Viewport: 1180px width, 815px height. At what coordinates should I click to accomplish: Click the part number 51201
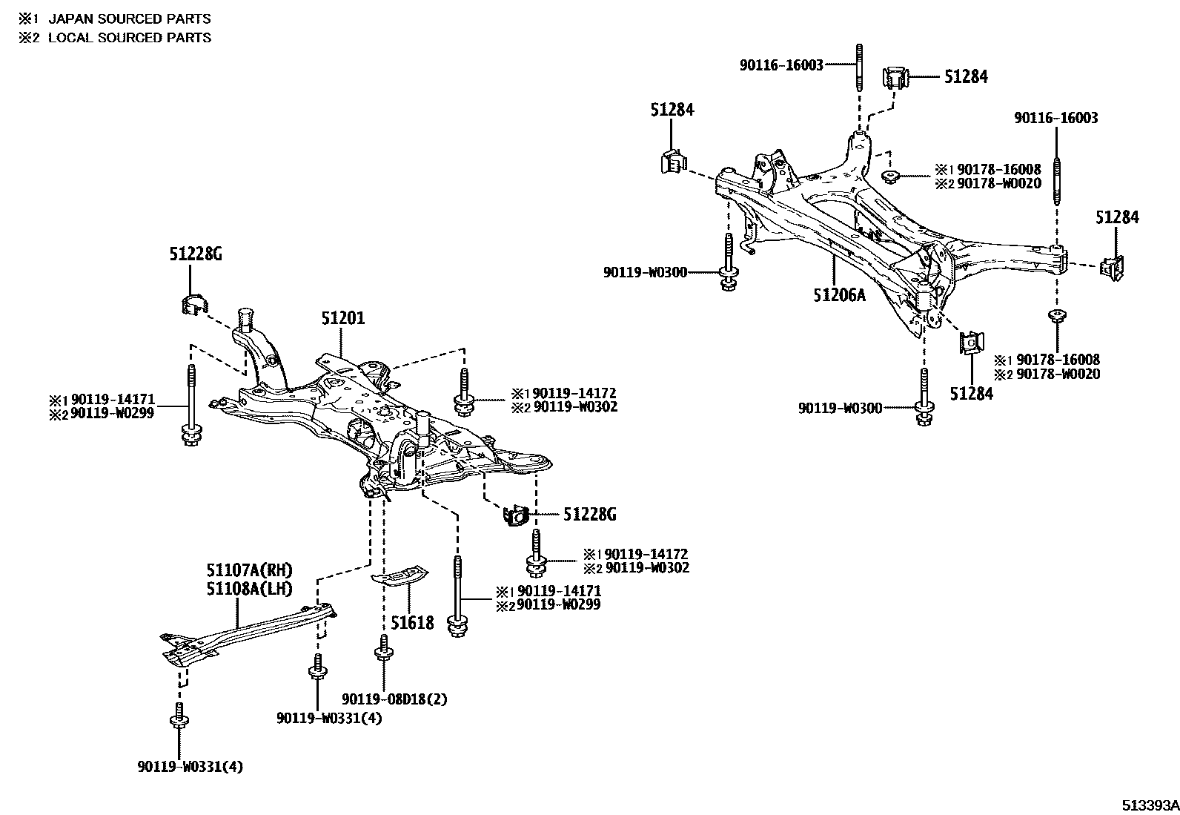[342, 319]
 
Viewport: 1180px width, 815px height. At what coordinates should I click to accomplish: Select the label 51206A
[839, 295]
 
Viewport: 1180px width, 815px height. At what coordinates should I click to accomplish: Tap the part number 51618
[412, 622]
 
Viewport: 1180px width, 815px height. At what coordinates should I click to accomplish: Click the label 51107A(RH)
[249, 570]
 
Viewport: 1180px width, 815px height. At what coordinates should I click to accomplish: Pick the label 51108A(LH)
[249, 589]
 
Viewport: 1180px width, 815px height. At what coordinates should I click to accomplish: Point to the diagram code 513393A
[1149, 805]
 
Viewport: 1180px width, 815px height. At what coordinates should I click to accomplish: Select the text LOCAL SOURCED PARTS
[130, 38]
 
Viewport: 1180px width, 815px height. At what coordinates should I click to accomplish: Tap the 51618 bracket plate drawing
[400, 575]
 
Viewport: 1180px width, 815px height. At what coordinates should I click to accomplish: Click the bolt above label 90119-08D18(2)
[383, 648]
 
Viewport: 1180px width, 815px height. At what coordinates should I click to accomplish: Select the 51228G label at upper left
[196, 254]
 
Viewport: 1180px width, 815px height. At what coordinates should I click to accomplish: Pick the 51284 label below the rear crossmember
[971, 394]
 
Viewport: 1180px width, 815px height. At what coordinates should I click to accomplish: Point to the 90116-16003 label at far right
[1056, 118]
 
